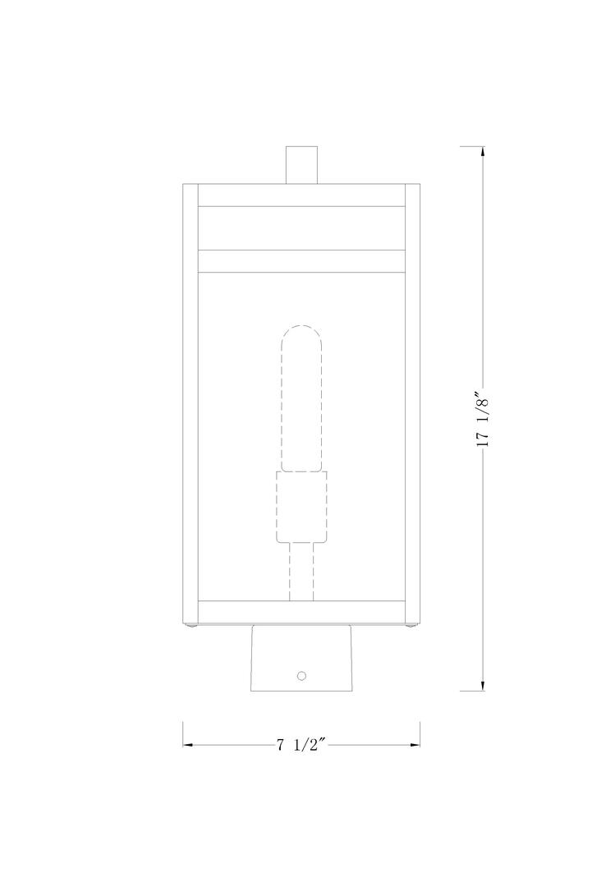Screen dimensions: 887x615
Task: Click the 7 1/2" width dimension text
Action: coord(301,745)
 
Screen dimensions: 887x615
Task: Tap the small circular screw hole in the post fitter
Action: coord(301,675)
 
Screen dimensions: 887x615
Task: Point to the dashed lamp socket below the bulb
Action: coord(301,507)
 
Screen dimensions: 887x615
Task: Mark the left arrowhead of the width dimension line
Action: coord(188,745)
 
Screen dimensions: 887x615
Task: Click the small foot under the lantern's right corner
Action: coord(413,628)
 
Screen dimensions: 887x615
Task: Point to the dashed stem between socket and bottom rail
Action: coord(301,572)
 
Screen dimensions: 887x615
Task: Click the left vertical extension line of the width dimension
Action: coord(182,733)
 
